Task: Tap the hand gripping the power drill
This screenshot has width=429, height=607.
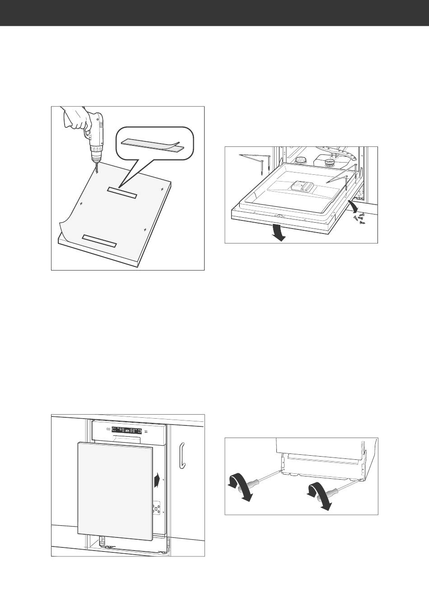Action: coord(75,119)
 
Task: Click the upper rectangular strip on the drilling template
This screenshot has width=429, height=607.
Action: coord(121,192)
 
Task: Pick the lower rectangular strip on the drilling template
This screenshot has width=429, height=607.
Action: coord(99,241)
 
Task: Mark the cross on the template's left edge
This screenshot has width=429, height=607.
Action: coord(81,204)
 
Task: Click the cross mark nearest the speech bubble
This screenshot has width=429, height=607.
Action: coord(162,187)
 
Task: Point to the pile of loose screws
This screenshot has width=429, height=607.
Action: coord(359,219)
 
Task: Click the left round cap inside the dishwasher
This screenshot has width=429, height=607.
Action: coord(298,160)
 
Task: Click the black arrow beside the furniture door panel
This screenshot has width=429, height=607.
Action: coord(156,480)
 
